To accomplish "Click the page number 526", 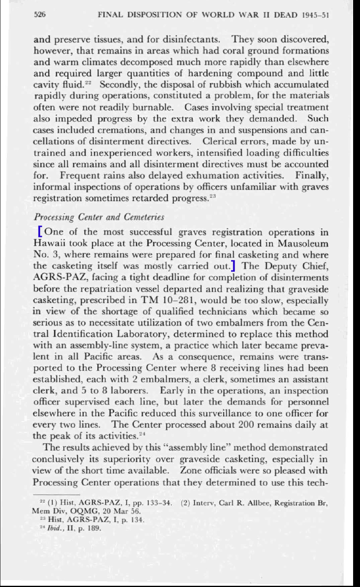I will pos(39,16).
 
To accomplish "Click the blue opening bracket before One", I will pos(40,232).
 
